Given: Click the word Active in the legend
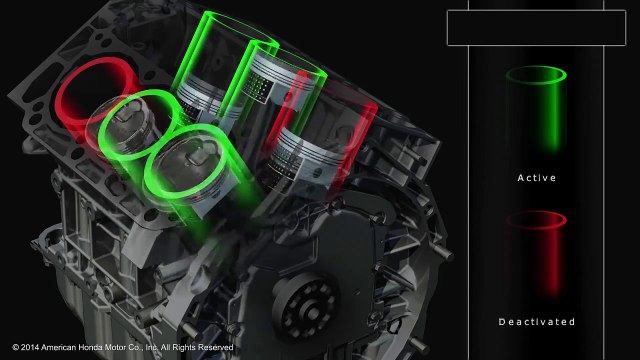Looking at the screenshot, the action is pos(536,178).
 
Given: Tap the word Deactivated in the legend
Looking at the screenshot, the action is pos(537,322).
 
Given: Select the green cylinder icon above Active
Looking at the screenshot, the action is pos(536,108).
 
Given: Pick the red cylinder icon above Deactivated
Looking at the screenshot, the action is pos(536,253).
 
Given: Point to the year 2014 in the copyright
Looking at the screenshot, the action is pos(30,347).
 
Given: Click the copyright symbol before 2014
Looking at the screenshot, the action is pos(16,347).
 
